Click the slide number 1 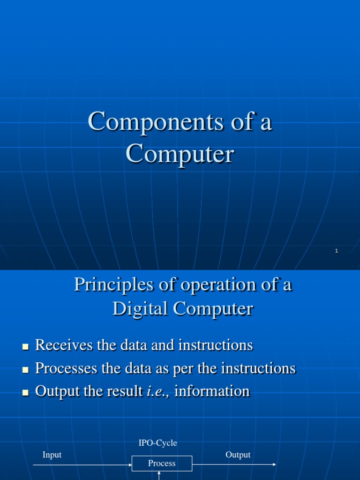point(337,251)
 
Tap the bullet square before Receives point(25,347)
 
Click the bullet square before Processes point(25,370)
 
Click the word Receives point(64,345)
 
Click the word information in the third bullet point(212,391)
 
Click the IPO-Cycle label point(157,442)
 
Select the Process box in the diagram point(162,464)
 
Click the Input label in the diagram point(52,455)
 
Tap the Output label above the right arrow point(238,455)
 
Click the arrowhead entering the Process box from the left point(130,465)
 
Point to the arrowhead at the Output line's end point(274,465)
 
